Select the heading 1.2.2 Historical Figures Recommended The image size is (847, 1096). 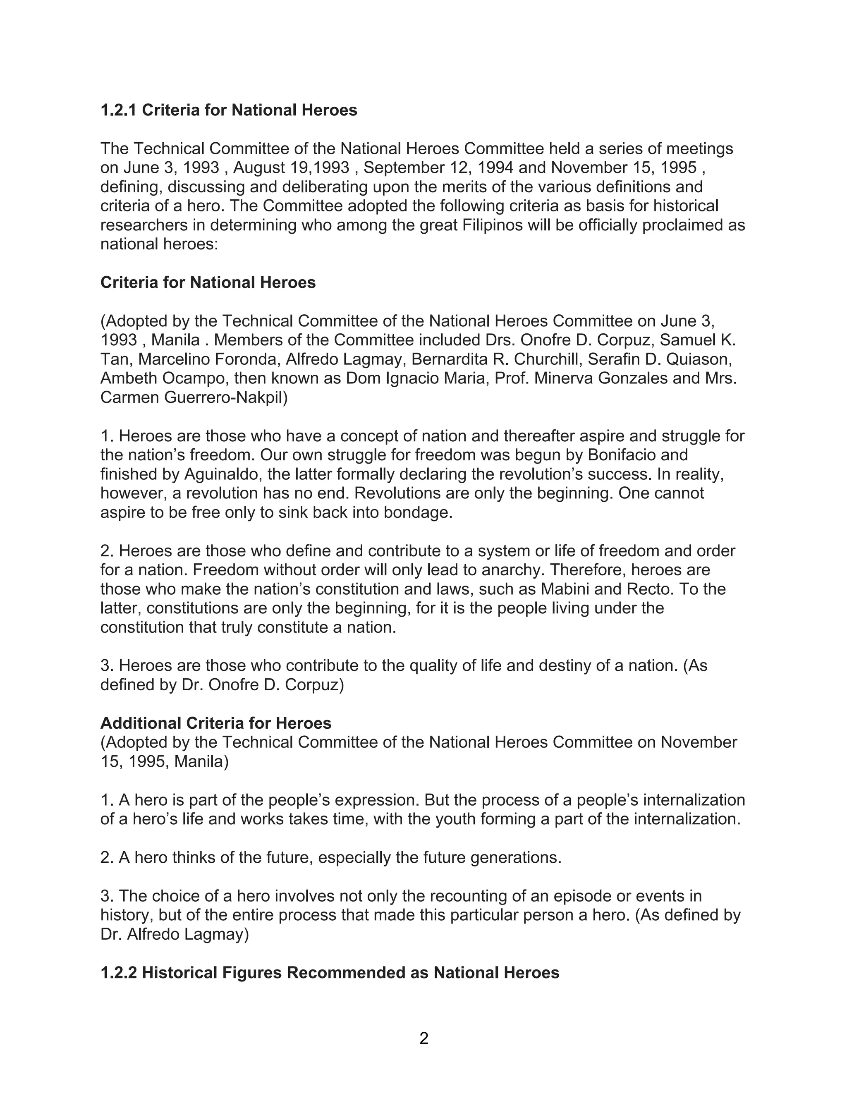click(x=330, y=973)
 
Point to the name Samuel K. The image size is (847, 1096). click(x=697, y=340)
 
